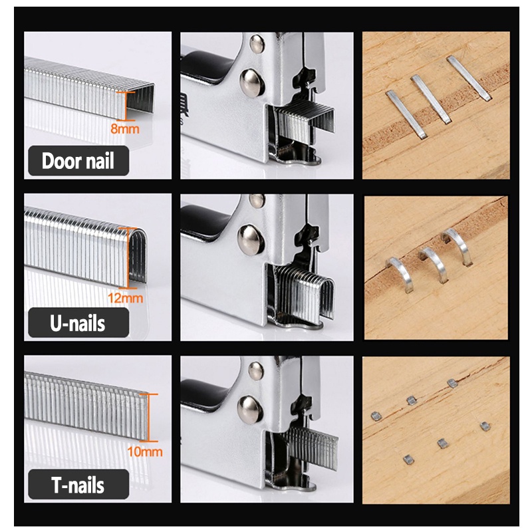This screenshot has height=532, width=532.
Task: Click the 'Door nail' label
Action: pos(78,161)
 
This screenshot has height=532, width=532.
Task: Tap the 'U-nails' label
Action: pos(78,323)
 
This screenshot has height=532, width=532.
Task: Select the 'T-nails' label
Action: pos(78,485)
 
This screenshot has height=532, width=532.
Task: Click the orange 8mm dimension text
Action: pos(125,129)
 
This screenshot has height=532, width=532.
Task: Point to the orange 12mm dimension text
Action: pos(125,298)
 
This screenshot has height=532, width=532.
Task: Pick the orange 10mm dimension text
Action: pos(145,452)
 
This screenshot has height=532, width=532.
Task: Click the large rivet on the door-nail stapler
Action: pos(252,82)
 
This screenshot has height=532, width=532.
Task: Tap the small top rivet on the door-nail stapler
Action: pos(257,44)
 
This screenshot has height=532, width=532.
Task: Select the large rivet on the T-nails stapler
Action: pos(251,408)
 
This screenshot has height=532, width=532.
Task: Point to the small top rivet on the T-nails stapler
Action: pos(256,370)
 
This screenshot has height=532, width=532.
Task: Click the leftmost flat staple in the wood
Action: pos(406,114)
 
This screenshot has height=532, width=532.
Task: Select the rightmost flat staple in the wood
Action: pos(469,78)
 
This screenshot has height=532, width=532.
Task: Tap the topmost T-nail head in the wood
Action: pos(452,384)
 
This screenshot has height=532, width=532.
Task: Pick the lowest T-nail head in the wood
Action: pos(408,460)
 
